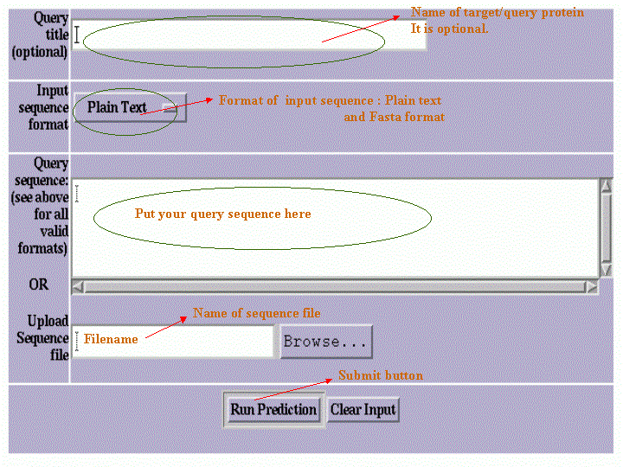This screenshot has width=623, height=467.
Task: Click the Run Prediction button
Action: point(273,409)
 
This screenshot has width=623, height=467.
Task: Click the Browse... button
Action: point(326,342)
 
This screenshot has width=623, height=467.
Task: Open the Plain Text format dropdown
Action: point(130,108)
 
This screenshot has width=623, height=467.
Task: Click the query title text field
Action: point(248,35)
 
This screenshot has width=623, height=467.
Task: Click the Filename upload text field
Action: point(173,341)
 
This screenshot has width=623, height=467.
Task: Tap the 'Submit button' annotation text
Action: point(381,375)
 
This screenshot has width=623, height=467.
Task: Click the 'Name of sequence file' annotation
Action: point(256,313)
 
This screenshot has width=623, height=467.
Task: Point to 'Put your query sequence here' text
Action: point(222,214)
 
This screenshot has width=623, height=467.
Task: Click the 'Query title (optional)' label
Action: point(40,35)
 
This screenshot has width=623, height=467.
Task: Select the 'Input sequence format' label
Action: point(43,107)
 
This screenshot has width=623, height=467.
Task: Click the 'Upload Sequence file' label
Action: point(43,337)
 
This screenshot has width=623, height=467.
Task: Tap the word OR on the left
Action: point(38,285)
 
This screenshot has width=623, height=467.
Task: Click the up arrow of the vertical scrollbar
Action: point(606,186)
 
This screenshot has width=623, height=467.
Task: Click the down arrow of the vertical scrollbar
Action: point(606,270)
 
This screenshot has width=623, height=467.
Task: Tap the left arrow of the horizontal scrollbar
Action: point(78,286)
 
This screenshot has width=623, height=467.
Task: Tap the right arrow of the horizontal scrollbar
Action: point(591,286)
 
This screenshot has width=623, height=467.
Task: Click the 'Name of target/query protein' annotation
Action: point(497,13)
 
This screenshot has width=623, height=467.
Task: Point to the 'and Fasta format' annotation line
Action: point(394,117)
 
